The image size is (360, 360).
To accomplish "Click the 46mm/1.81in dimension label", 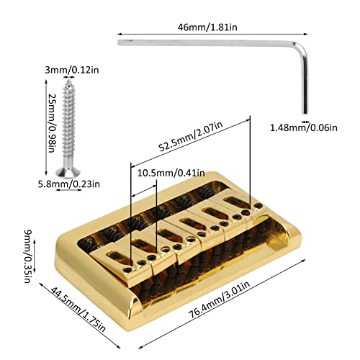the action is [x=207, y=27].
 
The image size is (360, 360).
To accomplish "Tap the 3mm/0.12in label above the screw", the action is [x=72, y=71].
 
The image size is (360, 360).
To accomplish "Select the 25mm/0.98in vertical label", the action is [x=52, y=123].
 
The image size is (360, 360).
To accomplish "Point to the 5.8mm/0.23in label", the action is [x=69, y=184].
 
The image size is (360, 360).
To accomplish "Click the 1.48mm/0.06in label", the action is [x=304, y=127].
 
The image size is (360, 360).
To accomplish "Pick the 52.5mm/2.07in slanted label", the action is [x=191, y=137].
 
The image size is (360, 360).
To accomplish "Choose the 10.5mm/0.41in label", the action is [x=171, y=173].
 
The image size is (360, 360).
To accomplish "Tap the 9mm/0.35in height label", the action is [x=29, y=256].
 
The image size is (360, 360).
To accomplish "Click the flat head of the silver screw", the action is [x=68, y=173].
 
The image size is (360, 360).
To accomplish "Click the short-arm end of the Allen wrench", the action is [x=305, y=113].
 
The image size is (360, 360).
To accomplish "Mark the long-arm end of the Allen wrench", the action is [x=119, y=42].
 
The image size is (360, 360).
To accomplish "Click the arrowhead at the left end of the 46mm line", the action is [x=119, y=35].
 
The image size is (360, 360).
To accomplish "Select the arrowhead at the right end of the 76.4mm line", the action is [x=304, y=260].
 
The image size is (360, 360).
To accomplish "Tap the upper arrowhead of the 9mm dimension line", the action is [x=34, y=241].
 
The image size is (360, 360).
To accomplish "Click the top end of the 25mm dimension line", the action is [x=46, y=81].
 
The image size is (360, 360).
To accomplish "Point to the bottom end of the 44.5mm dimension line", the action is [x=119, y=347].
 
